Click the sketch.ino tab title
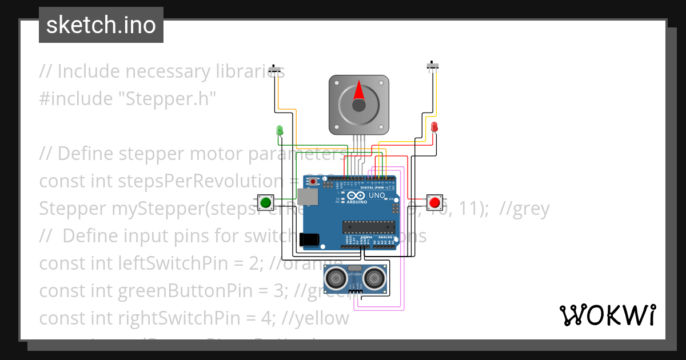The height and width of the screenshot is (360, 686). tap(101, 25)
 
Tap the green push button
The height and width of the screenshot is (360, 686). tap(265, 202)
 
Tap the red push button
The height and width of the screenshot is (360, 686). tap(434, 202)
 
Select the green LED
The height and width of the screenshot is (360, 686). tap(279, 130)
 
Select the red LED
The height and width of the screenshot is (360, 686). tap(434, 126)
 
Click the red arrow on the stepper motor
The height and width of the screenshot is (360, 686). tap(358, 91)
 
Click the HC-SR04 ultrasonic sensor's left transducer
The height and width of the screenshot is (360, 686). tap(334, 278)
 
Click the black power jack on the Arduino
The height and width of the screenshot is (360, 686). tap(309, 239)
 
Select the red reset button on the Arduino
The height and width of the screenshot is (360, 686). tap(313, 182)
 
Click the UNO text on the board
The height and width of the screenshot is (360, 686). tap(377, 195)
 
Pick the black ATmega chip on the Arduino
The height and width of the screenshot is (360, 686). tap(369, 227)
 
